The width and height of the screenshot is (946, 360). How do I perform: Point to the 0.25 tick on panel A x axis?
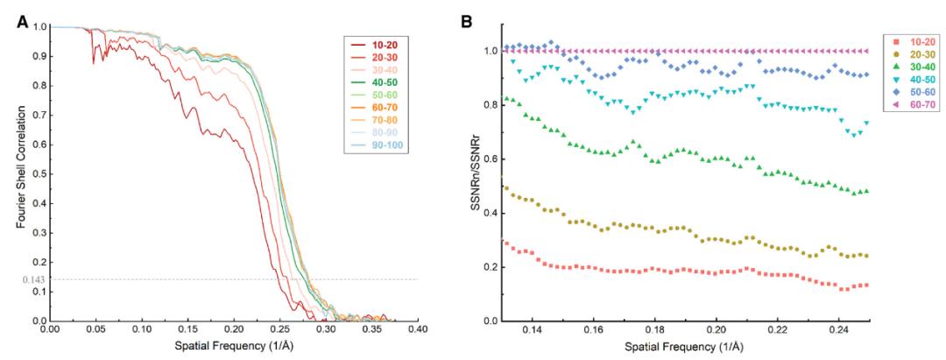[279, 333]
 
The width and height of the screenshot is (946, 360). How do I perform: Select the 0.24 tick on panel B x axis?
[838, 333]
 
